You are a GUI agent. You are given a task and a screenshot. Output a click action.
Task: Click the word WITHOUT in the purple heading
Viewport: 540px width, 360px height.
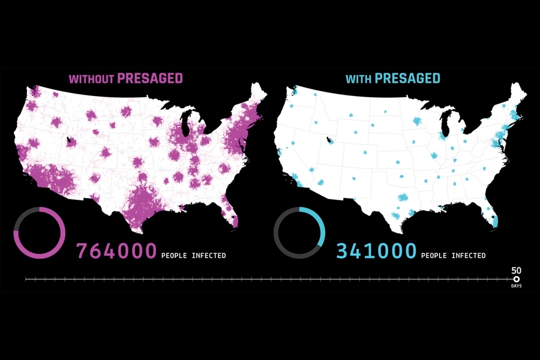tap(91, 79)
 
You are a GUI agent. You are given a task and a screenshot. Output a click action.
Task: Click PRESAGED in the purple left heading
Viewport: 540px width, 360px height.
tap(149, 78)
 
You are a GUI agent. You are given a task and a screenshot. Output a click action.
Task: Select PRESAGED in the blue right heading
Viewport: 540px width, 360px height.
tap(407, 78)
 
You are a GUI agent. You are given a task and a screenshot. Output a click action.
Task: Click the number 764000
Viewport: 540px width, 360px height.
tap(116, 251)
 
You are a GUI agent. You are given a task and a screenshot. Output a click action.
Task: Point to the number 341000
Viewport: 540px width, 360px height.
tap(376, 251)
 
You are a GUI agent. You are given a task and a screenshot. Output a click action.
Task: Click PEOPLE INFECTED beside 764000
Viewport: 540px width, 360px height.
tap(194, 256)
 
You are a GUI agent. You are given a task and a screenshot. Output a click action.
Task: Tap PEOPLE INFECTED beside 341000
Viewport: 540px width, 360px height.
tap(454, 256)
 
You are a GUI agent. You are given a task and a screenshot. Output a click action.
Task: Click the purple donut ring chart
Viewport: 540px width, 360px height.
tap(39, 232)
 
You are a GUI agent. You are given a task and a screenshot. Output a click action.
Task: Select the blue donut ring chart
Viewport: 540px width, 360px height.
tap(299, 232)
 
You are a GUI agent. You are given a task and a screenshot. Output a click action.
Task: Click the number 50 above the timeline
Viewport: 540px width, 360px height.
tap(516, 270)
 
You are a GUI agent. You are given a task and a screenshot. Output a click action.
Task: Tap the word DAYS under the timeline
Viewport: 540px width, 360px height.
tap(516, 286)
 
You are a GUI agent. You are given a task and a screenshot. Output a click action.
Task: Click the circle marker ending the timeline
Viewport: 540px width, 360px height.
tap(516, 279)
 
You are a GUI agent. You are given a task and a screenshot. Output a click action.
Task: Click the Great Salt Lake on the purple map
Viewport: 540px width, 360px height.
tap(71, 142)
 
